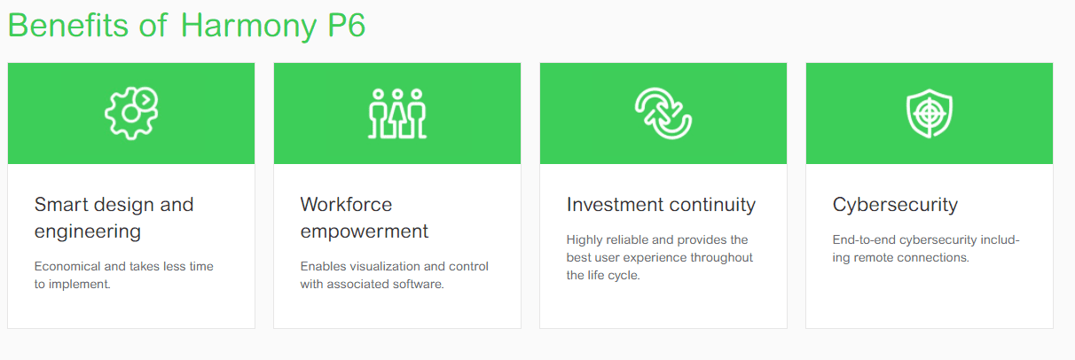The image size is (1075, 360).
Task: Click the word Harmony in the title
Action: [x=248, y=27]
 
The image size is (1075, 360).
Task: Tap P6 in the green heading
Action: [x=347, y=25]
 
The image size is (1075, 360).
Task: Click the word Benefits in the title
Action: [x=68, y=25]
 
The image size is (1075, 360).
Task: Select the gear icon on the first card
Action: [x=131, y=113]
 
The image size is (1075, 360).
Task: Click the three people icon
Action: [x=397, y=113]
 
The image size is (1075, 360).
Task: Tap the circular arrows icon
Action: [x=663, y=113]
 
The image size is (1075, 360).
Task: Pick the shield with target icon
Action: [x=930, y=113]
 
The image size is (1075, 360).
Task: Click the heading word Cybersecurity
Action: [x=895, y=206]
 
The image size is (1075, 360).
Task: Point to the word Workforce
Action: [x=346, y=205]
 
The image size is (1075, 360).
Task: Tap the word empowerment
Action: [x=365, y=231]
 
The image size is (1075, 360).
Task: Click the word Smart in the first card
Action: [x=60, y=205]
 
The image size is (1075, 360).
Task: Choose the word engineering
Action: [x=87, y=231]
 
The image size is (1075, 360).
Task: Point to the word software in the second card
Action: [x=418, y=284]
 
